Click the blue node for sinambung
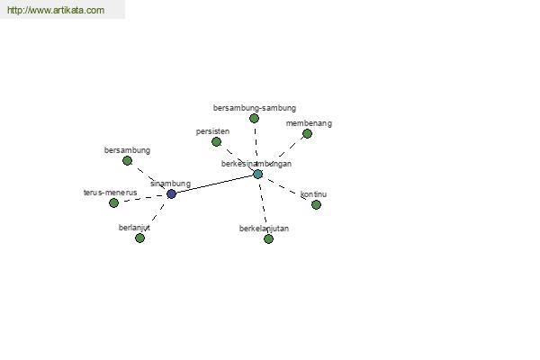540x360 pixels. tap(171, 194)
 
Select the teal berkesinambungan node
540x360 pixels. tap(257, 175)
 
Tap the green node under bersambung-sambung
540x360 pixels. tap(254, 119)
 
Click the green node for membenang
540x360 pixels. tap(307, 134)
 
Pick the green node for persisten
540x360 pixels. tap(216, 141)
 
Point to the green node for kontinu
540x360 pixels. tap(316, 205)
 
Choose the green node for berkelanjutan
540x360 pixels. tap(268, 238)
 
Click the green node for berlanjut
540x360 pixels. tap(139, 238)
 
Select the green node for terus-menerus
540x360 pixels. tap(113, 202)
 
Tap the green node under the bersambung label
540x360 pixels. tap(128, 160)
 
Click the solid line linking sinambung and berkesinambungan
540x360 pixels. tap(214, 184)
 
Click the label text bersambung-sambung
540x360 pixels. tap(255, 108)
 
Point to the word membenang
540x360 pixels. tap(309, 123)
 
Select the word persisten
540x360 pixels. tap(212, 131)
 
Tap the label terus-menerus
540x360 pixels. tap(110, 193)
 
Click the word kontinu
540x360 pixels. tap(313, 194)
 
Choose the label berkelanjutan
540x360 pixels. tap(264, 229)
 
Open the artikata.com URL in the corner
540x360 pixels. tap(56, 10)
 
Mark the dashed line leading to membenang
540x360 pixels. tap(292, 146)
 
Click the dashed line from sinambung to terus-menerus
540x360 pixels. tap(142, 198)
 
